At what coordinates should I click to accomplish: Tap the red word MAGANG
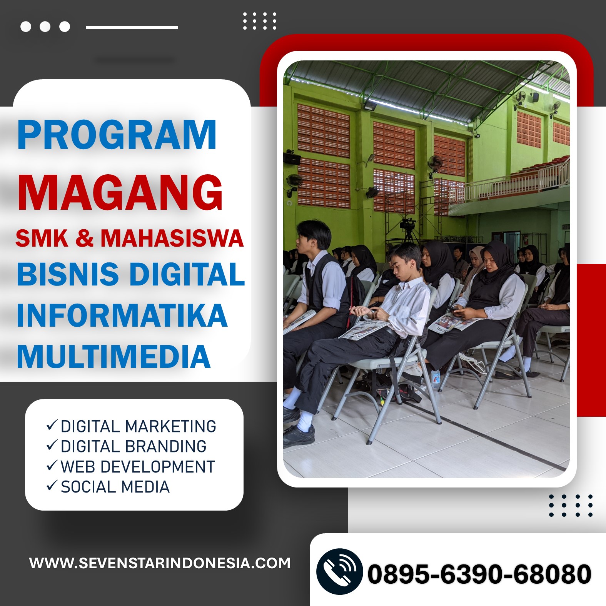tap(120, 192)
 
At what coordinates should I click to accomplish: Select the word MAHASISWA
tap(172, 238)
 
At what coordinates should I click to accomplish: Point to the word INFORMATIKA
tap(122, 315)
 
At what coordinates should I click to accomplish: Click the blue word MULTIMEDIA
tap(114, 356)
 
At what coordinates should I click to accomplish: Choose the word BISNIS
tap(68, 274)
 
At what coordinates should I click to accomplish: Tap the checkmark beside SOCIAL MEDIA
tap(52, 486)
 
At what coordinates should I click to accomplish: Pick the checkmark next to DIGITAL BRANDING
tap(52, 445)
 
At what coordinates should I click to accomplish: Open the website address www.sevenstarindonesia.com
tap(160, 563)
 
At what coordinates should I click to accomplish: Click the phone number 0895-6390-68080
tap(479, 574)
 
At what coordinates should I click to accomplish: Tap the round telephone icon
tap(339, 571)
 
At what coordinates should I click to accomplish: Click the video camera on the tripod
tap(408, 224)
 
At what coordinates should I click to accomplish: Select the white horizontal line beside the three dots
tap(132, 27)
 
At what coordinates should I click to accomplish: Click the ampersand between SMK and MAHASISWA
tap(84, 238)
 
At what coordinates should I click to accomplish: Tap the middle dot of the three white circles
tap(45, 27)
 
